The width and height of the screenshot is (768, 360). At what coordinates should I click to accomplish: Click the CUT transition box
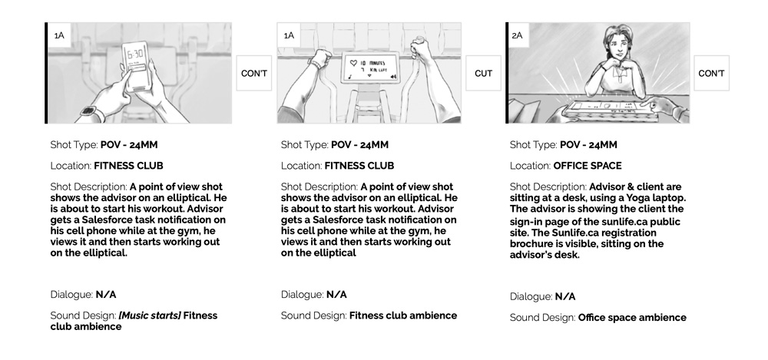483,74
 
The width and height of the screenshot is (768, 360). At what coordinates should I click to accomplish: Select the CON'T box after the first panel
254,74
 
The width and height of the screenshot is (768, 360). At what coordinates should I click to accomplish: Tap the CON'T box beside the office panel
711,74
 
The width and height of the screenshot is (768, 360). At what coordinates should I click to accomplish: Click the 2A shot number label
517,35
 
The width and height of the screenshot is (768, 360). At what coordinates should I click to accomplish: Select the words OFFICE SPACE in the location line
587,166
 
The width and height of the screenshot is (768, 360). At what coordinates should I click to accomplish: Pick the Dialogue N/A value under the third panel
564,296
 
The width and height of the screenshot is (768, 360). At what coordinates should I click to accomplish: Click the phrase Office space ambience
631,317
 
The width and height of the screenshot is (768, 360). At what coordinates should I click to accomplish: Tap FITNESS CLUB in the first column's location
128,166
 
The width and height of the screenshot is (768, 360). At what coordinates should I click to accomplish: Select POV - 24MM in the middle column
360,144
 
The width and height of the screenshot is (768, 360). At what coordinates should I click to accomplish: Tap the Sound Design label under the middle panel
313,315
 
